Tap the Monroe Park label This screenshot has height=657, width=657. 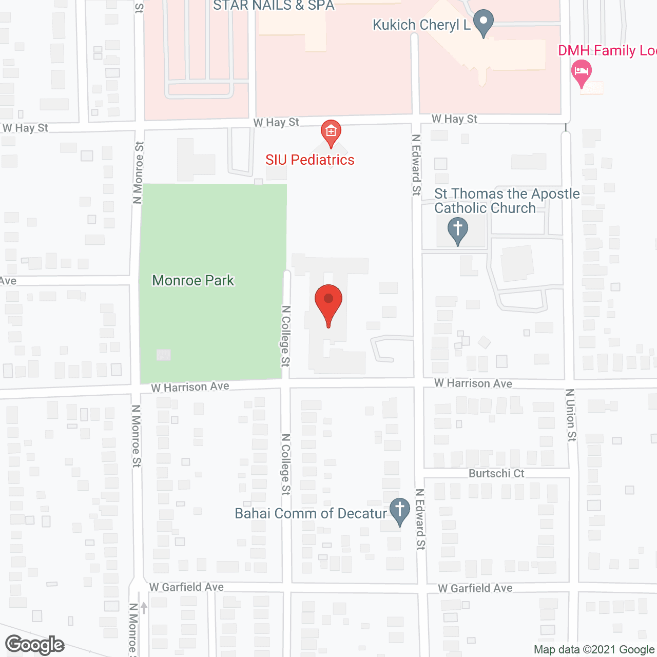193,280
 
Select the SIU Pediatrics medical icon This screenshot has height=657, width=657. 331,133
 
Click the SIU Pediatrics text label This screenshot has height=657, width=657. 310,160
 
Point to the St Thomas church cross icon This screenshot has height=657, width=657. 457,230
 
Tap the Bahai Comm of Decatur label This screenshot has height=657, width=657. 311,513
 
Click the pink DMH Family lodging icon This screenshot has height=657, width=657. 582,72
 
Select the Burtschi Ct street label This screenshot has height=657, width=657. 496,473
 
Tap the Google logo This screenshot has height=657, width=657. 35,645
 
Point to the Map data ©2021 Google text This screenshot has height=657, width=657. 594,649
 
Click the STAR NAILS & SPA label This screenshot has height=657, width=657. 274,6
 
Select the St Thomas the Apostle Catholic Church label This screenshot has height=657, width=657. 507,201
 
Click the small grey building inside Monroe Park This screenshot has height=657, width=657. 163,355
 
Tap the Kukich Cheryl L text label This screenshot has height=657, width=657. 421,25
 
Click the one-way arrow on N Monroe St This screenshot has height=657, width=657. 144,608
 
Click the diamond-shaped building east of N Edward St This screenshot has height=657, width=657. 484,342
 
